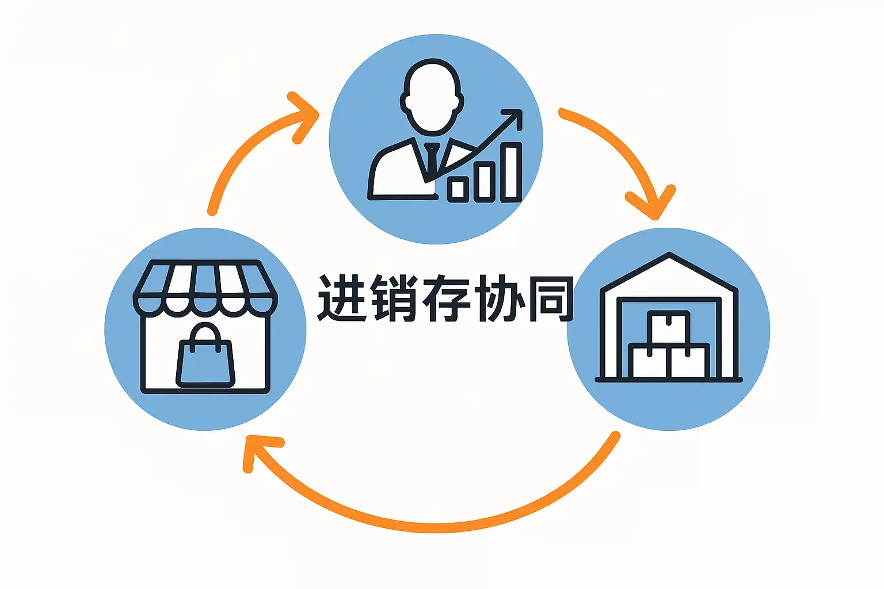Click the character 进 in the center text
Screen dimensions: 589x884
[x=343, y=297]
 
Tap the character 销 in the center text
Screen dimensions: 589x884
[x=395, y=297]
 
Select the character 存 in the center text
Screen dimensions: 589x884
[x=447, y=297]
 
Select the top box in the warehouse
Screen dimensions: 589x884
[x=668, y=327]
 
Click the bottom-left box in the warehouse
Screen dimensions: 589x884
[x=649, y=361]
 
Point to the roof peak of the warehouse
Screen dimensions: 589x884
[x=669, y=255]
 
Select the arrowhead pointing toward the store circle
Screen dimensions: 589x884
[x=256, y=449]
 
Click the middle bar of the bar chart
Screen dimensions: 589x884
[x=484, y=181]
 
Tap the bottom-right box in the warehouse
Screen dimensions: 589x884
[x=689, y=361]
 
